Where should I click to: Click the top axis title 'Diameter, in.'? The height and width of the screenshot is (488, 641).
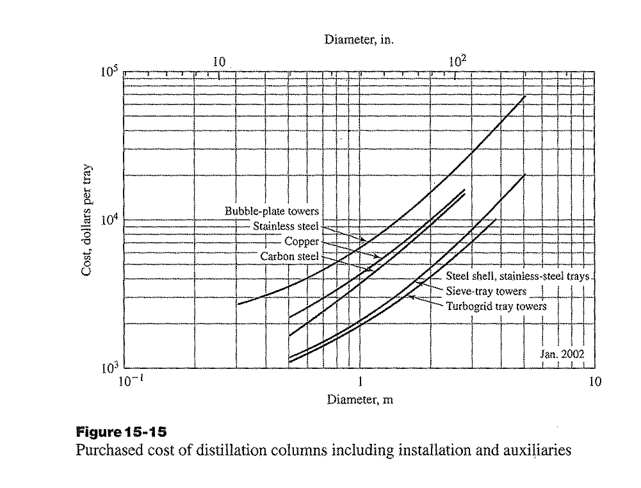(x=359, y=39)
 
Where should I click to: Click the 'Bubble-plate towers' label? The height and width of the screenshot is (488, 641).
(x=272, y=211)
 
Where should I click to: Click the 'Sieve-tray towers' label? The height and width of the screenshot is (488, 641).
(x=486, y=291)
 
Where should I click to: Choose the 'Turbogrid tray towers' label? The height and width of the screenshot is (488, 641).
(x=496, y=306)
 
